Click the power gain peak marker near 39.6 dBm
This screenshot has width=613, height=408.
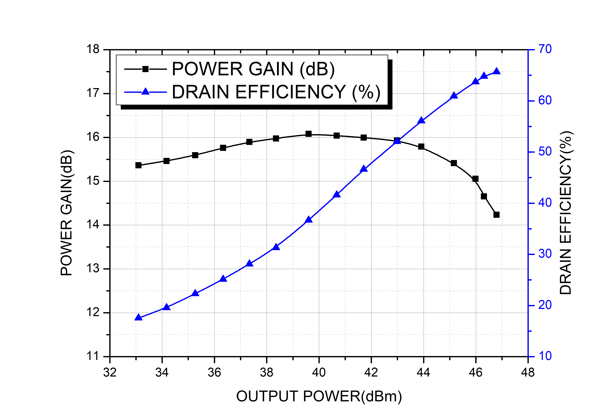tap(308, 134)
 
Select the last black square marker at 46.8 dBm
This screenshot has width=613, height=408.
tap(497, 215)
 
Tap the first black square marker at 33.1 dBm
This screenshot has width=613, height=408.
tap(138, 165)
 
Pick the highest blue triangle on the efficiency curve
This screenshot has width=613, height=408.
tap(497, 71)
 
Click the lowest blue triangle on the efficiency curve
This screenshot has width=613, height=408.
tap(138, 317)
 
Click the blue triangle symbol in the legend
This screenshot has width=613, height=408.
tap(145, 91)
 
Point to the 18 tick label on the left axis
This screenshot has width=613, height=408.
tap(93, 49)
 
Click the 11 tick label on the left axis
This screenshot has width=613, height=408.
tap(93, 356)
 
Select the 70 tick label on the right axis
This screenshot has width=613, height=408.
tap(545, 49)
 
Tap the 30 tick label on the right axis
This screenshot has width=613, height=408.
tap(545, 254)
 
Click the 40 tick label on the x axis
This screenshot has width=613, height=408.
tap(319, 373)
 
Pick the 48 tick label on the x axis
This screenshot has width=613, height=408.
tap(528, 373)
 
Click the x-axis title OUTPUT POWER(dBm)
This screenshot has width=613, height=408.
tap(319, 396)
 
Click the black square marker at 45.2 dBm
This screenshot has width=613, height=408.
tap(453, 163)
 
